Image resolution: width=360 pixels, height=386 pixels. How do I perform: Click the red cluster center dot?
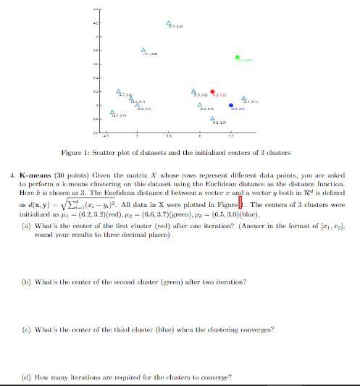(212, 92)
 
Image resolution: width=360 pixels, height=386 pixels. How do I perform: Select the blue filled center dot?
(231, 105)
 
